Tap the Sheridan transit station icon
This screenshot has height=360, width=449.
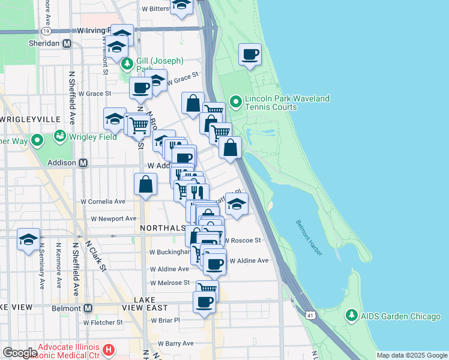tap(67, 44)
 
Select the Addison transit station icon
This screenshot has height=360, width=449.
tap(83, 163)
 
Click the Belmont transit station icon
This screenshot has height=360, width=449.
tap(88, 308)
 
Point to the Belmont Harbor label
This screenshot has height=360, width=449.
tap(310, 238)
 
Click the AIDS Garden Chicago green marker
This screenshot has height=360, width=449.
tap(351, 316)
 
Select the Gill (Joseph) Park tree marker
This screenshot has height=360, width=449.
tap(127, 64)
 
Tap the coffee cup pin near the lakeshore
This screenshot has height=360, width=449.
tap(250, 55)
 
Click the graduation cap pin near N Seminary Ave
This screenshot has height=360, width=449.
tap(28, 240)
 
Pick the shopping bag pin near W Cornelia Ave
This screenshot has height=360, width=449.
tap(146, 185)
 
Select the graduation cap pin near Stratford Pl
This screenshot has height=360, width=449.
tap(237, 204)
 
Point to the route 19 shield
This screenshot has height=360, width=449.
tap(46, 29)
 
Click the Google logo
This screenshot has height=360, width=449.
tap(20, 353)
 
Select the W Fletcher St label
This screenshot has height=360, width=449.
tap(103, 322)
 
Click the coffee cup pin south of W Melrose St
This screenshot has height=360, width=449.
tap(204, 302)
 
